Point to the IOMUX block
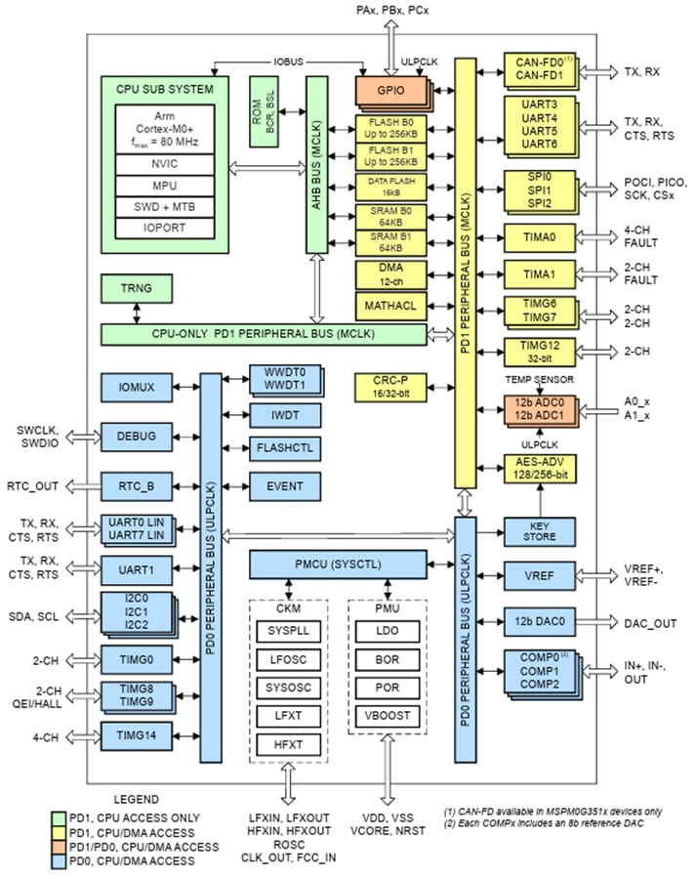[137, 388]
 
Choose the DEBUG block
[137, 436]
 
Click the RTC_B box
[137, 483]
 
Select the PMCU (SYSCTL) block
[338, 565]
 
